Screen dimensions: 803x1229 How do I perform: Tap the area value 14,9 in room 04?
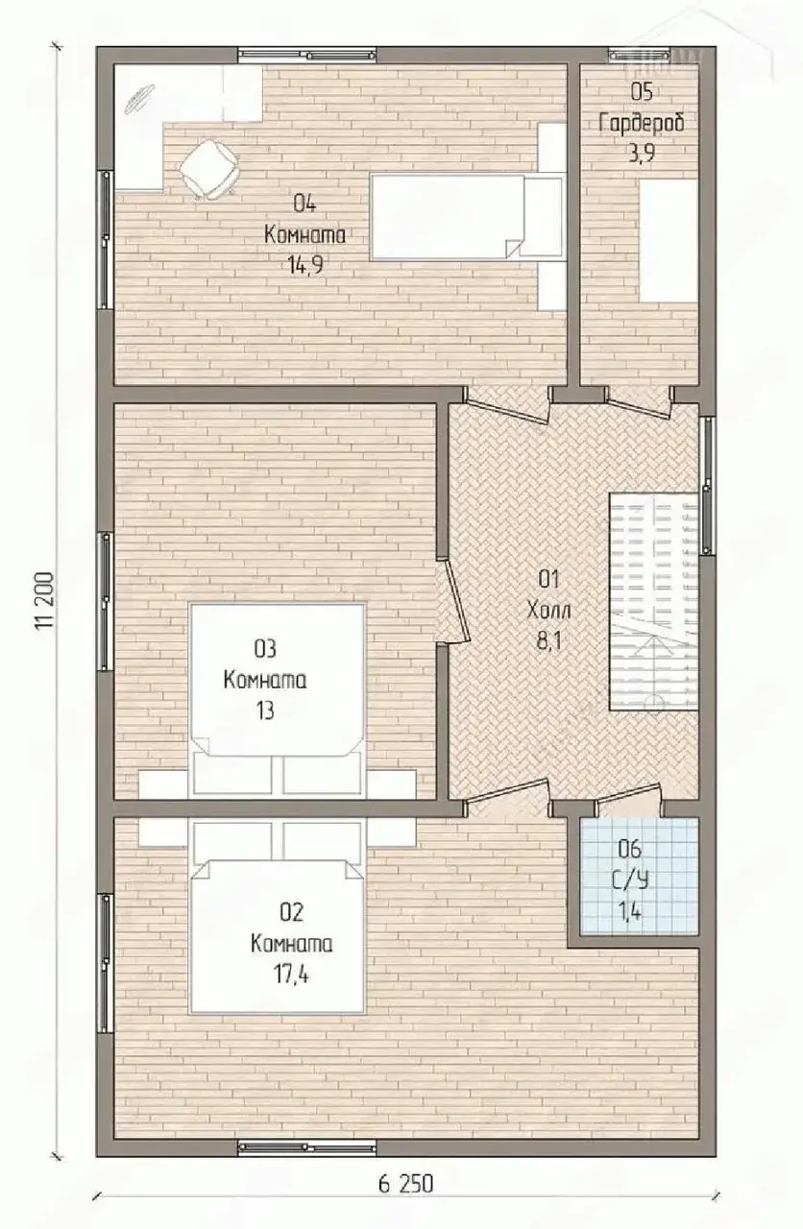coord(305,266)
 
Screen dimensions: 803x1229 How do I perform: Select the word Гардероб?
coord(642,124)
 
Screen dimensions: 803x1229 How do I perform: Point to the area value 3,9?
coord(642,155)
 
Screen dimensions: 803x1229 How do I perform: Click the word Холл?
coord(548,610)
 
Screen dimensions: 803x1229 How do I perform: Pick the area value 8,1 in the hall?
coord(548,640)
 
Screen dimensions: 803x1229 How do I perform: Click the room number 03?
coord(265,649)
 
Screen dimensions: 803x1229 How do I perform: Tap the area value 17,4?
coord(291,975)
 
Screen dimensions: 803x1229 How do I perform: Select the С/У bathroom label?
coord(630,880)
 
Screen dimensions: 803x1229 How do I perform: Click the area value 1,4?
coord(631,911)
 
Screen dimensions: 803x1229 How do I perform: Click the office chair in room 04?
coord(209,167)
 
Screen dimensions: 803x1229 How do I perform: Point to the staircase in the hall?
coord(654,601)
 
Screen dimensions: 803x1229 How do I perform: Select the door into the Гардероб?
coord(640,398)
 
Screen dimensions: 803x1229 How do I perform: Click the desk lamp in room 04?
coord(139,99)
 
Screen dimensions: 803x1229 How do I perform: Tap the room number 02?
coord(291,912)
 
